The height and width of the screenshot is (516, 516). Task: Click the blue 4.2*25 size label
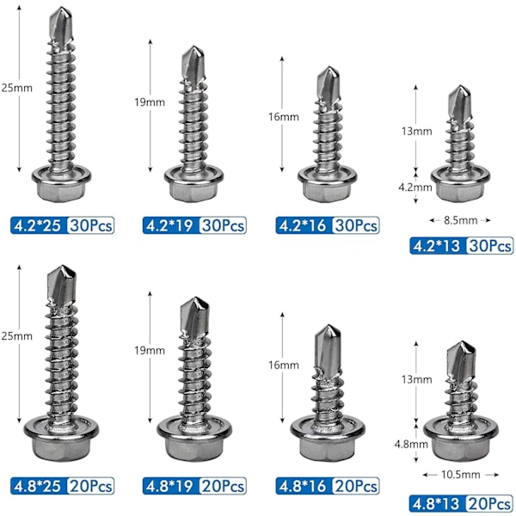point(38,225)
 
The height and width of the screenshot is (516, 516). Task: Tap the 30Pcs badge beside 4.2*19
point(223,225)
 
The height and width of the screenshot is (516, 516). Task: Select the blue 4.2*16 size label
point(303,225)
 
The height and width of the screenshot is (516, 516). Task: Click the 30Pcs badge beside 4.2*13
point(489,246)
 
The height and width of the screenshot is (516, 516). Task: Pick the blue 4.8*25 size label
point(38,486)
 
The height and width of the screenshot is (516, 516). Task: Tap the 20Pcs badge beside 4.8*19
point(223,486)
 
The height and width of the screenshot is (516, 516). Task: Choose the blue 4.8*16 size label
point(303,486)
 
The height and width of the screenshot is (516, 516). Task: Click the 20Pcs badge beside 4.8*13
point(489,504)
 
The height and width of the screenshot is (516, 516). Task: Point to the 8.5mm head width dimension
point(460,220)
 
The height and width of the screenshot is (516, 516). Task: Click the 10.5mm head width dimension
point(460,475)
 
